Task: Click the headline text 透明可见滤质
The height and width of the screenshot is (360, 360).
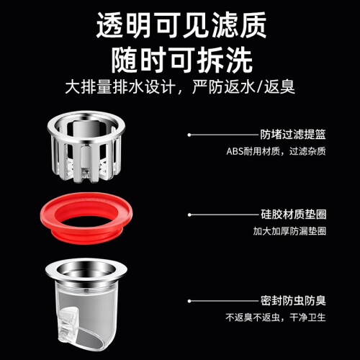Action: (x=181, y=24)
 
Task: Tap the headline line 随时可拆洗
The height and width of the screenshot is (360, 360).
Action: (x=181, y=59)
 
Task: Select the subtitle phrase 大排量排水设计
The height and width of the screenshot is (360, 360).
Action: (x=120, y=87)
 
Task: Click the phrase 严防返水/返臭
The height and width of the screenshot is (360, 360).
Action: (x=243, y=87)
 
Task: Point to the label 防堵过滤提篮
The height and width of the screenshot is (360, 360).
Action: (x=293, y=135)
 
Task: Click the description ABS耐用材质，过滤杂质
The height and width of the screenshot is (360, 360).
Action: (x=276, y=151)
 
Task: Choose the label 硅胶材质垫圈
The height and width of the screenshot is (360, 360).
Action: (x=293, y=215)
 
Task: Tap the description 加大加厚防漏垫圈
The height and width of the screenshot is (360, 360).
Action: (x=289, y=231)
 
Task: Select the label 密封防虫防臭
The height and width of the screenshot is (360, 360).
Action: (x=293, y=301)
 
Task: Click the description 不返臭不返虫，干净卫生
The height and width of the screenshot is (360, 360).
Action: (x=276, y=318)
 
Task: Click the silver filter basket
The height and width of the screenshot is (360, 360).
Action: (x=86, y=146)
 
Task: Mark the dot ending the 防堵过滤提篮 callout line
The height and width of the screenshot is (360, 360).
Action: (x=189, y=135)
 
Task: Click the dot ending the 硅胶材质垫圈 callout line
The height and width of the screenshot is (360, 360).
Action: (x=189, y=215)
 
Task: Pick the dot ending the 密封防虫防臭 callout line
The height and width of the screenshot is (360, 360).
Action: (x=189, y=301)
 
